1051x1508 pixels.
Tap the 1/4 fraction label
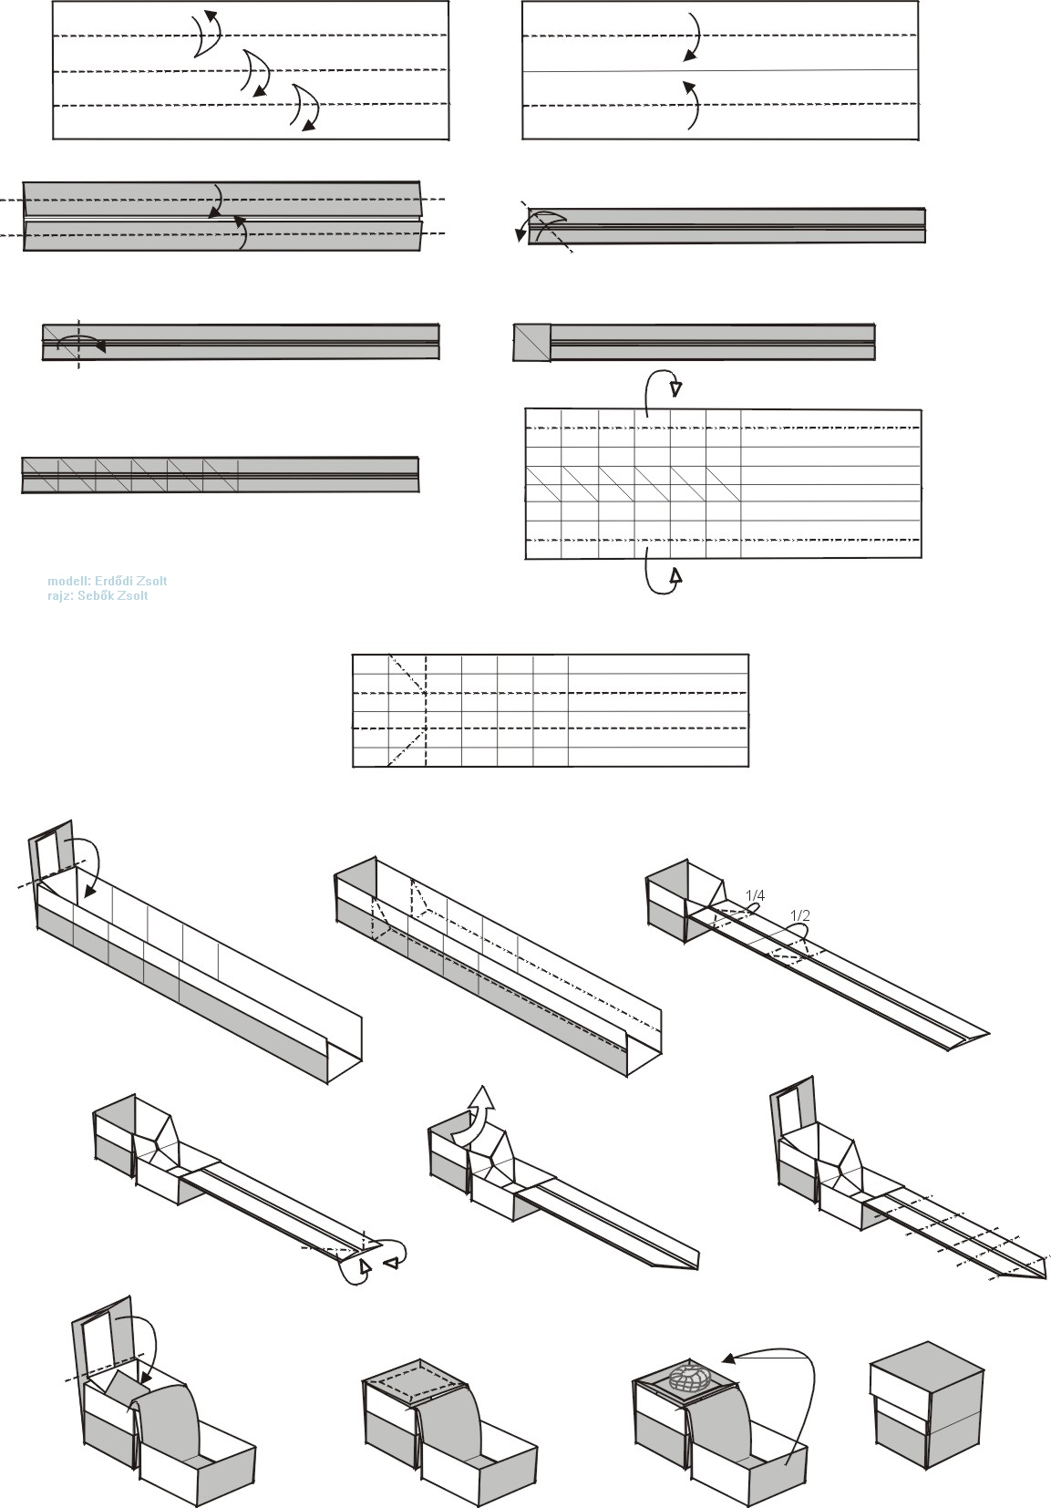click(x=755, y=895)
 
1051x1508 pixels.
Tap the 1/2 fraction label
click(x=800, y=915)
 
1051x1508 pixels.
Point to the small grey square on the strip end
click(x=531, y=342)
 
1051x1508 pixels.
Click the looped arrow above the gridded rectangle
click(x=658, y=390)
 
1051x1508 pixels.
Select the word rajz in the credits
click(x=60, y=596)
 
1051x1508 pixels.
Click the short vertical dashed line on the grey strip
click(x=78, y=343)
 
